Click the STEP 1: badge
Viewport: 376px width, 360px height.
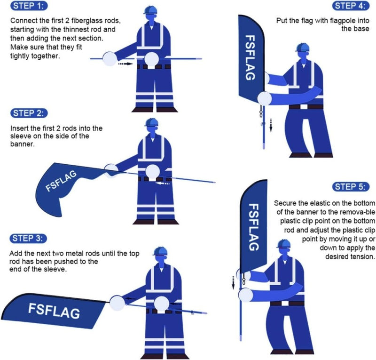point(29,7)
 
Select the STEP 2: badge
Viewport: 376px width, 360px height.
point(29,113)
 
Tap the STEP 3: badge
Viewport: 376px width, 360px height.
point(29,238)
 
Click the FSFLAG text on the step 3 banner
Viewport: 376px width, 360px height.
point(54,311)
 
